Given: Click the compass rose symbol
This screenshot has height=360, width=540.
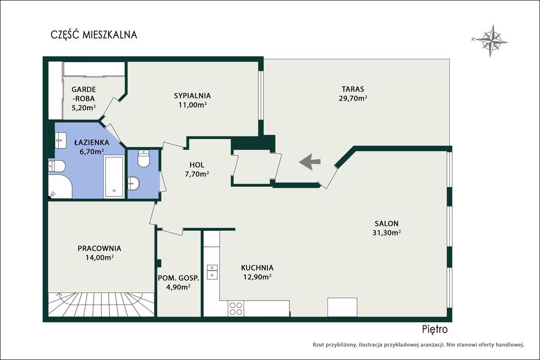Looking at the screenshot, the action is (x=490, y=40).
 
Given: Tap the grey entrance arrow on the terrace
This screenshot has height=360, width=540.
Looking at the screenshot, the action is (x=310, y=162).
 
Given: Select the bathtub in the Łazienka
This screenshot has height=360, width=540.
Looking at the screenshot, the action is (x=114, y=177).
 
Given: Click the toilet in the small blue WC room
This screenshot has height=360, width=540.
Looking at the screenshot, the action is (x=143, y=159).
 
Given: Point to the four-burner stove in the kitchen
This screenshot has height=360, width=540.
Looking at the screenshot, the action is (x=236, y=308).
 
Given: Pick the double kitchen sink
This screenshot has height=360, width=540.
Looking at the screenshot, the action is (x=212, y=272).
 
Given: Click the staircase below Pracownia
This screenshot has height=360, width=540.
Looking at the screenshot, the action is (x=101, y=304).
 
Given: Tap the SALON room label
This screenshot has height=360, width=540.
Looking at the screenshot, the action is (x=387, y=223).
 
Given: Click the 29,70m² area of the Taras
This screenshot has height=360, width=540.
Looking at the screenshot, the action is (x=353, y=99).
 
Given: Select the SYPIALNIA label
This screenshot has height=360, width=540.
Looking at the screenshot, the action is (x=192, y=96).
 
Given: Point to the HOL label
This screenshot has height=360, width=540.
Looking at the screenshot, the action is (x=197, y=165).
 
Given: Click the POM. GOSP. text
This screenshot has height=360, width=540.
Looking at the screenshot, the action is (x=178, y=278).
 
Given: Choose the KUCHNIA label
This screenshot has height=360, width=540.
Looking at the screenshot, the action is (x=257, y=268).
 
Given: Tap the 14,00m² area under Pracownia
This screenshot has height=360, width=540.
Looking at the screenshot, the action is (x=100, y=257).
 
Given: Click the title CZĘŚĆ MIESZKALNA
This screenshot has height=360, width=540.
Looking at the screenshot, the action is (x=94, y=35).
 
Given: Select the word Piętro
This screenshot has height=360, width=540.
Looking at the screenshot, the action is (x=435, y=330).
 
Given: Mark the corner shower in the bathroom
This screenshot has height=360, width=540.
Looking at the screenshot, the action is (x=60, y=186).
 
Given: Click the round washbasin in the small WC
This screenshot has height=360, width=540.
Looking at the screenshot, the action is (x=133, y=183).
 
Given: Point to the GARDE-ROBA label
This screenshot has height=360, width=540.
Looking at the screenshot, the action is (x=84, y=94).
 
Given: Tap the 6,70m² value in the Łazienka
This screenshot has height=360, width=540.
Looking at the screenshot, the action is (x=92, y=151).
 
